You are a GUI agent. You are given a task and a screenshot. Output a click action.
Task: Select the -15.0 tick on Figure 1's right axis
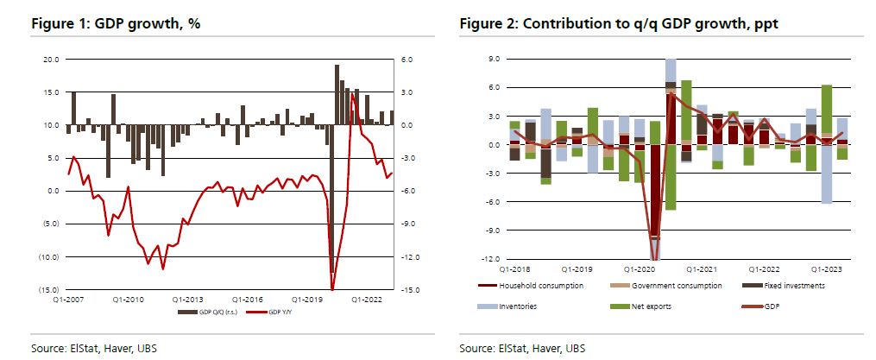(409, 289)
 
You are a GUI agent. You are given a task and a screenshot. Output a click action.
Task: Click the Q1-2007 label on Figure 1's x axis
(67, 300)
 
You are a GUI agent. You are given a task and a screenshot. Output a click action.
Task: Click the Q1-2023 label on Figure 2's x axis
(822, 269)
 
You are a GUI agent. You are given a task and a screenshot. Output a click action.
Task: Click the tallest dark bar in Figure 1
(337, 95)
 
